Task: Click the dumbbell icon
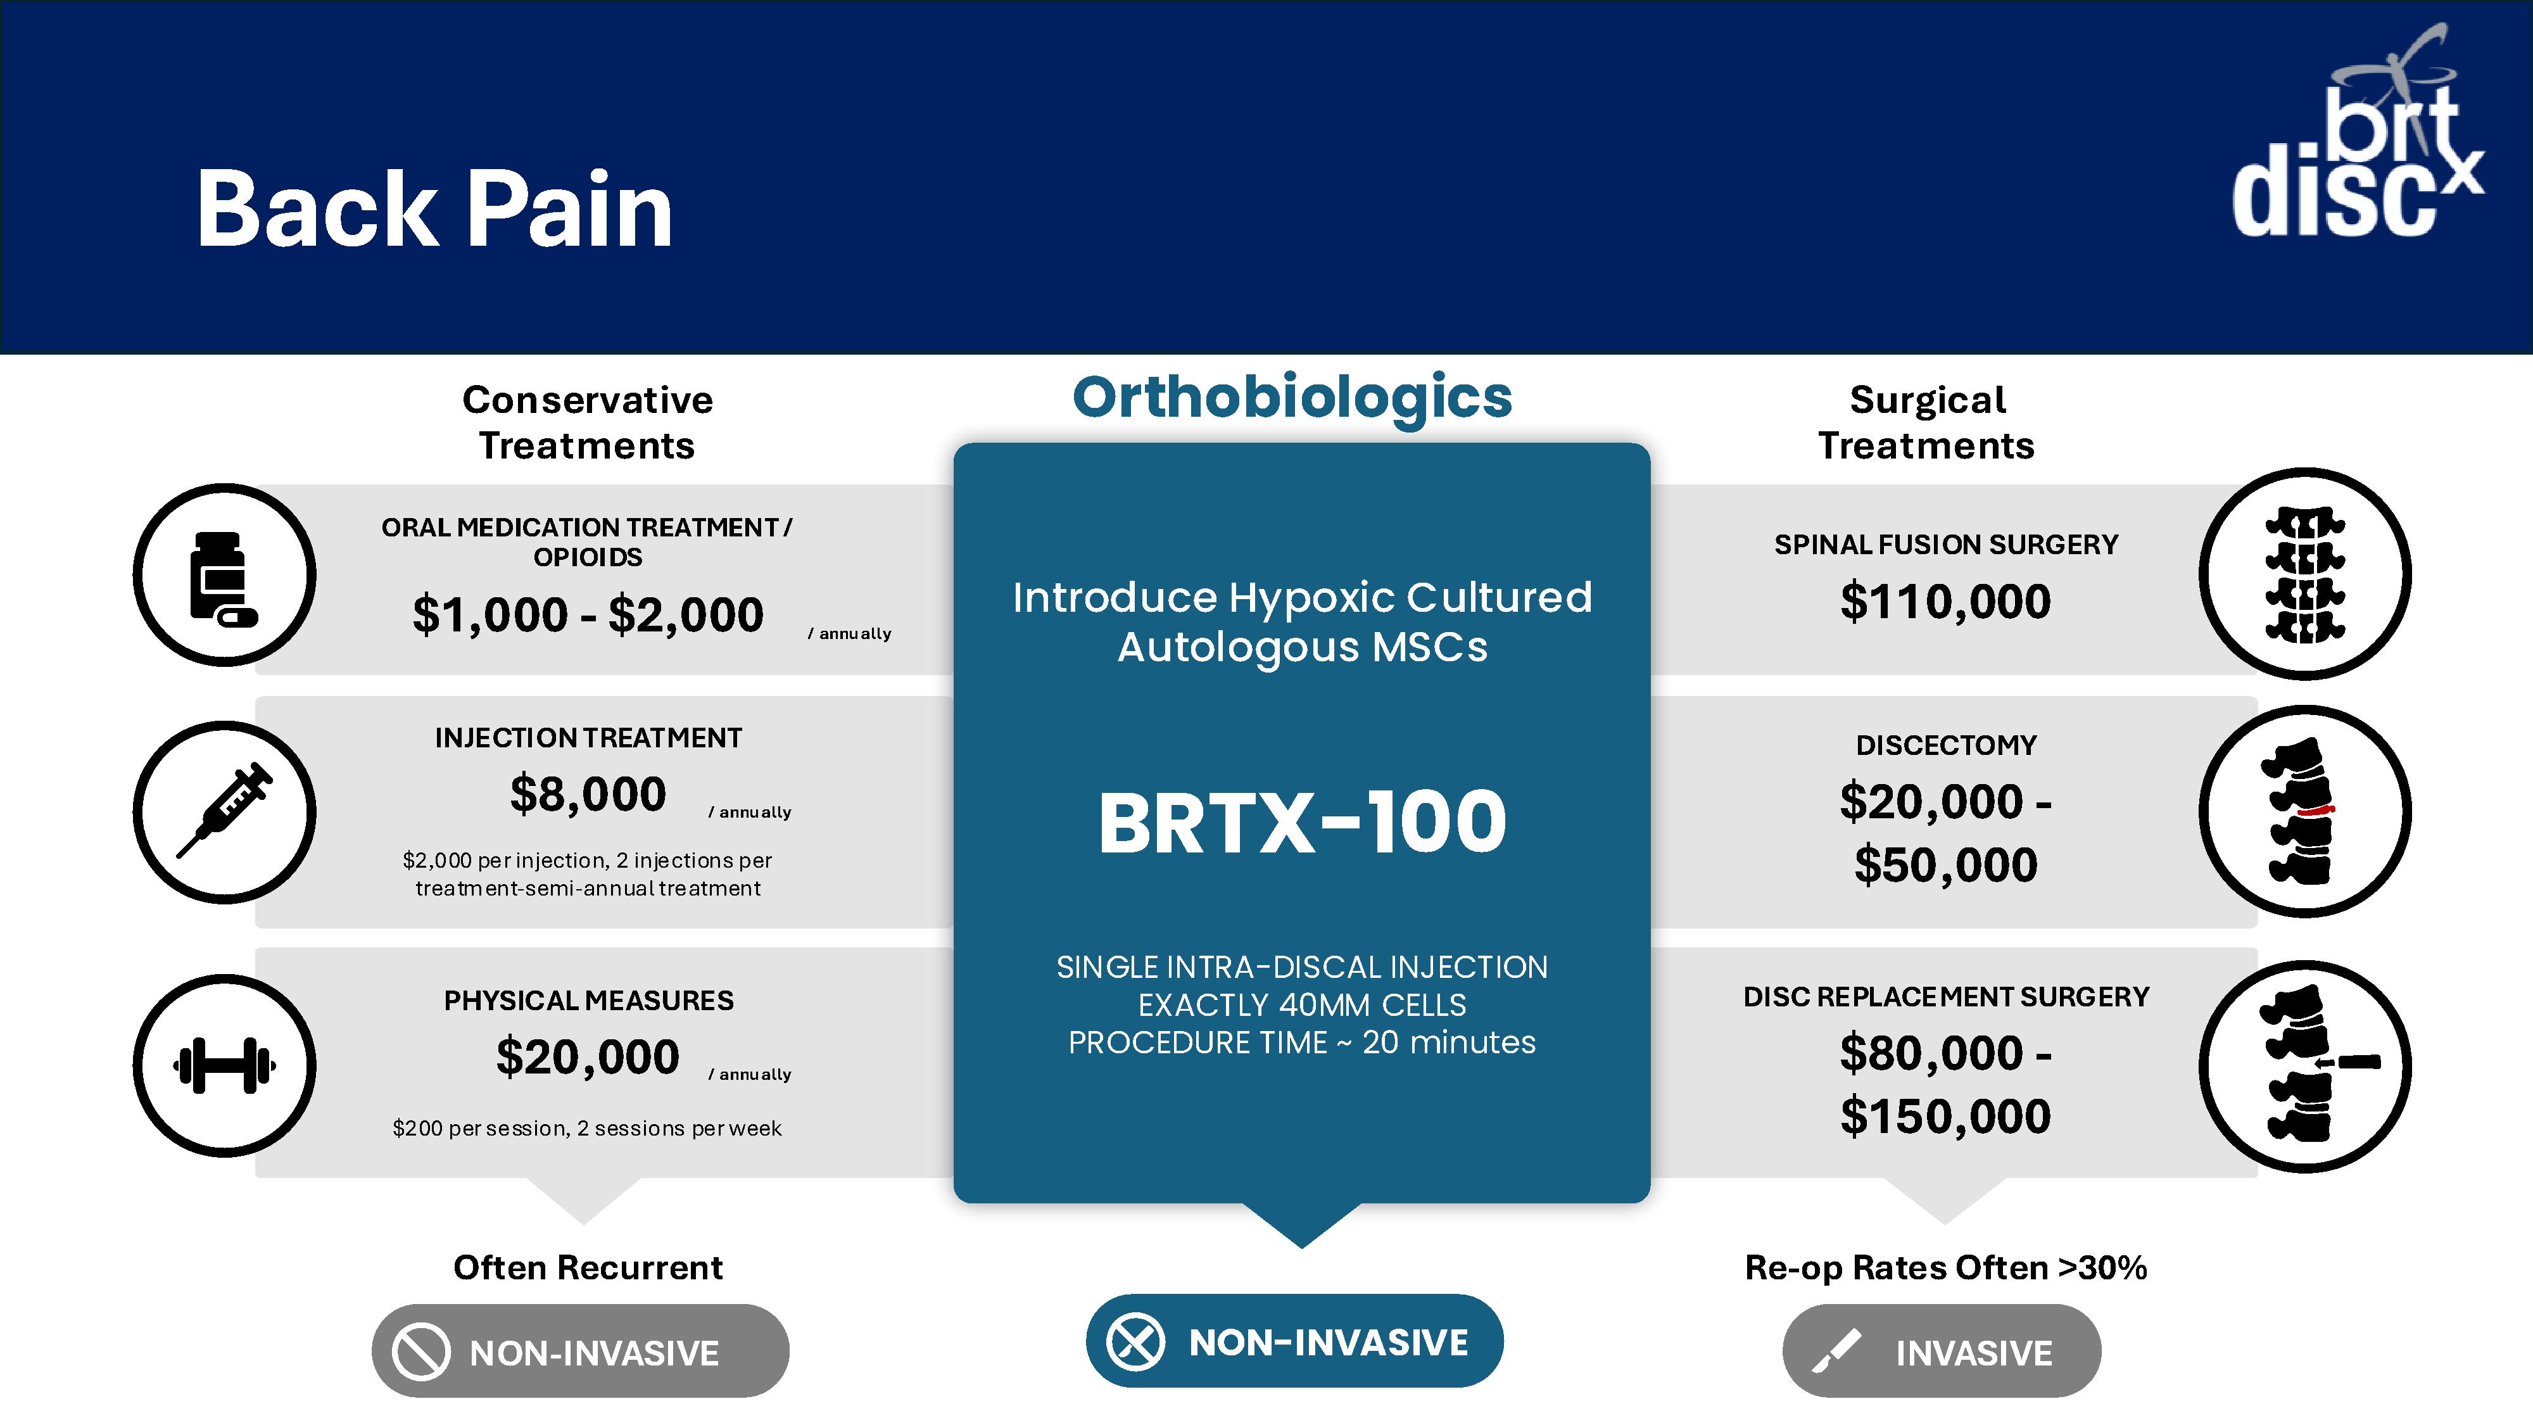coord(224,1065)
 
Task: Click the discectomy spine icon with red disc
coord(2302,811)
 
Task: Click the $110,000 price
coord(1945,602)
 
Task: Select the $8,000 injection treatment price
coord(588,794)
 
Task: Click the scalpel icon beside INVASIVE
coord(1836,1352)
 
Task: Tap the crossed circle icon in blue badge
coord(1135,1341)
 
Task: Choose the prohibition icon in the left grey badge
coord(421,1352)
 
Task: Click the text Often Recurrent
coord(588,1268)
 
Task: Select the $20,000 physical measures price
coord(588,1056)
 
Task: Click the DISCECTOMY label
coord(1946,745)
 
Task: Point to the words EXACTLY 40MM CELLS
coord(1302,1005)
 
